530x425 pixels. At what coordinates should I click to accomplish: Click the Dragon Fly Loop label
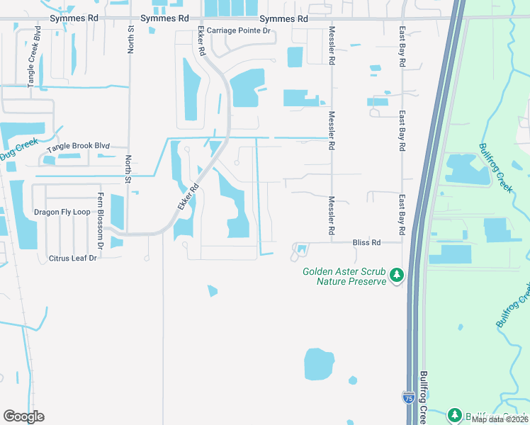point(62,212)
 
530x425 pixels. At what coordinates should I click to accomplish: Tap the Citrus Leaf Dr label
point(73,258)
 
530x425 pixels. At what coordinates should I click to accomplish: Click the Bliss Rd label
point(367,242)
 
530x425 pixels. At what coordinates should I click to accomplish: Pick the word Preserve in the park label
point(368,281)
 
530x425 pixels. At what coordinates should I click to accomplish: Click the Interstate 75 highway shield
point(408,398)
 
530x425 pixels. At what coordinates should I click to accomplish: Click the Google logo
point(23,416)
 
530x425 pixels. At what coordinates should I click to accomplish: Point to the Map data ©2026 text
point(500,419)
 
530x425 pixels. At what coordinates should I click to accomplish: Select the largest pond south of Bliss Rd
point(319,365)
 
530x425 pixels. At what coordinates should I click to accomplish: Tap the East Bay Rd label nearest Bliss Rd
point(402,215)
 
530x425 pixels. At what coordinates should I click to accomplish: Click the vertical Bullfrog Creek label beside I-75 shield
point(424,397)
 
